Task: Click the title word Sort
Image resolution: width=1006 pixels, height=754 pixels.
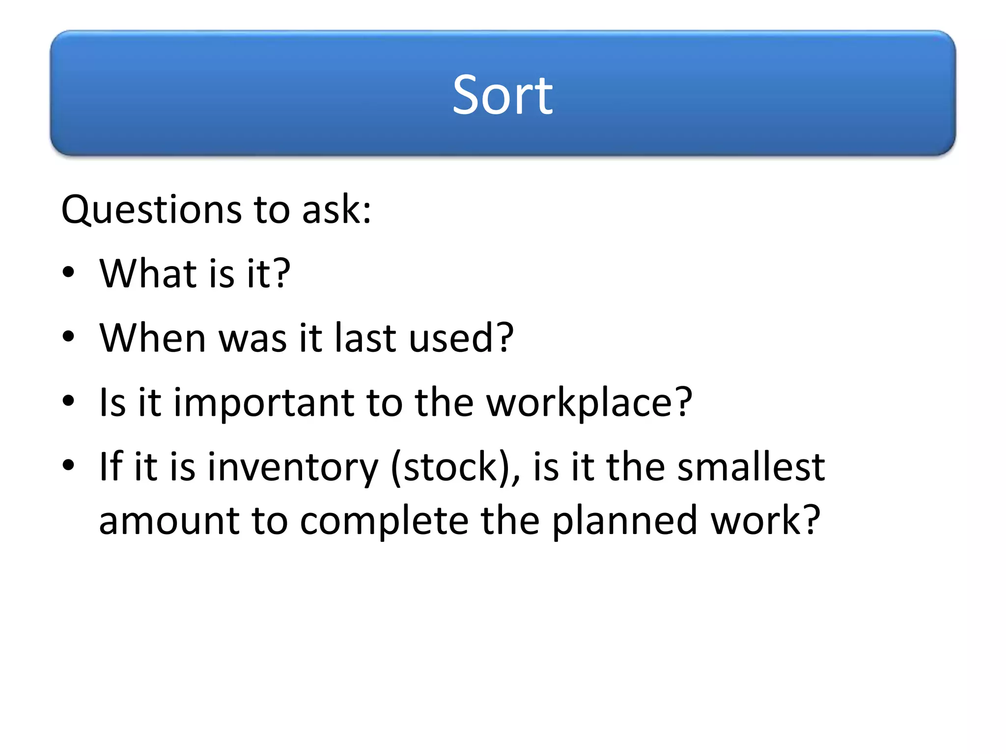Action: [x=503, y=95]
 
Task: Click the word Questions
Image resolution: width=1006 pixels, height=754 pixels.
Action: [x=151, y=210]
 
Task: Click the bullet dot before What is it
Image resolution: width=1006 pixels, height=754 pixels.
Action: [x=69, y=272]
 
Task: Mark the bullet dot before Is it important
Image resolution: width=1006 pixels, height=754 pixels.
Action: [x=69, y=401]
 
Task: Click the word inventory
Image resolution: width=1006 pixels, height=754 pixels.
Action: [x=293, y=467]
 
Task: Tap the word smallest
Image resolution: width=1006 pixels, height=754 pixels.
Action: [x=751, y=467]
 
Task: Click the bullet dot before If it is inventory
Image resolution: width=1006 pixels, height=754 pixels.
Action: [x=69, y=465]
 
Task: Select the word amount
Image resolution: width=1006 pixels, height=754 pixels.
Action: [x=169, y=521]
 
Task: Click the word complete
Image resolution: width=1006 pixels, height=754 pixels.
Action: [x=384, y=521]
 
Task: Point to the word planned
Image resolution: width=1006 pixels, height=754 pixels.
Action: [x=624, y=521]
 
